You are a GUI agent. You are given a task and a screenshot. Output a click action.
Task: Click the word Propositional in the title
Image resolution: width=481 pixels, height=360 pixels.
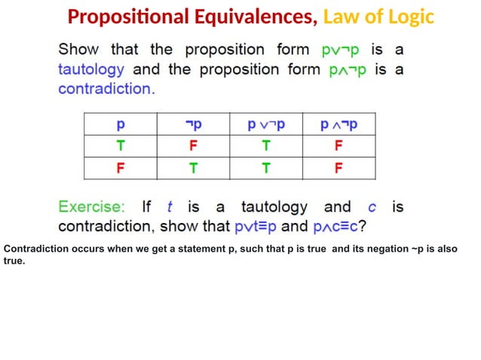pyautogui.click(x=123, y=16)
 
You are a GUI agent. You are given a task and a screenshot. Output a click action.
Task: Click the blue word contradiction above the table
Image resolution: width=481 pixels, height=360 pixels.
pyautogui.click(x=106, y=89)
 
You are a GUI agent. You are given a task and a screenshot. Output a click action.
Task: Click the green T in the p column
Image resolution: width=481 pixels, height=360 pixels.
pyautogui.click(x=120, y=145)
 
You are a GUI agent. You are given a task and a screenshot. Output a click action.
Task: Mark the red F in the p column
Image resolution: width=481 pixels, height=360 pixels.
pyautogui.click(x=120, y=168)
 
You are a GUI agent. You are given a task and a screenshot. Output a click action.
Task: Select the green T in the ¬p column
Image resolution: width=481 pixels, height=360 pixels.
pyautogui.click(x=193, y=168)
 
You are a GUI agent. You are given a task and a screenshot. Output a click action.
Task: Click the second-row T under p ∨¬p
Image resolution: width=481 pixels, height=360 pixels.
pyautogui.click(x=266, y=168)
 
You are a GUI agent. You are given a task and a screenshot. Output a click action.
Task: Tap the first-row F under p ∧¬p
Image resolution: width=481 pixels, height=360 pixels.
pyautogui.click(x=339, y=145)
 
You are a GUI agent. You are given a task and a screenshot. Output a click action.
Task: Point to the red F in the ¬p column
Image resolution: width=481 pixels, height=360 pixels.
pyautogui.click(x=193, y=145)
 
